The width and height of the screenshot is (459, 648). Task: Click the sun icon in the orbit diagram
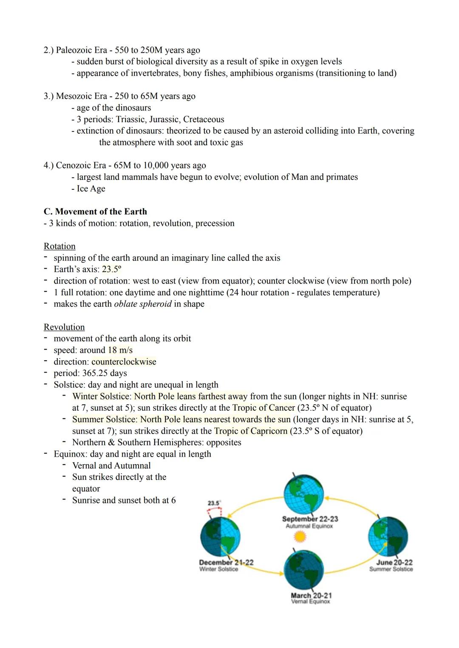[300, 537]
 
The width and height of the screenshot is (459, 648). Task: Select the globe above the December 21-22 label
[220, 537]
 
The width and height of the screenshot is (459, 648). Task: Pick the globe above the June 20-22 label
[388, 536]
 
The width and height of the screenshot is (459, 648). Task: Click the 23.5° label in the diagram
[214, 503]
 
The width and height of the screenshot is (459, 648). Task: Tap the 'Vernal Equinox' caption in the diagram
[310, 601]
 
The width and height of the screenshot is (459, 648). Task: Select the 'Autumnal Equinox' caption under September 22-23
[309, 526]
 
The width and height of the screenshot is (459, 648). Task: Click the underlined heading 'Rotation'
[59, 246]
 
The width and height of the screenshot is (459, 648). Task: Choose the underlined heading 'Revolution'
[64, 327]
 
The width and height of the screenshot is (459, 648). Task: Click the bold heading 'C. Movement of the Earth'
[95, 211]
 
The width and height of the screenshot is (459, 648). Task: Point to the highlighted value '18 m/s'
[120, 350]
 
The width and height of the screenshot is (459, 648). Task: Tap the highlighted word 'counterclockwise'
[124, 362]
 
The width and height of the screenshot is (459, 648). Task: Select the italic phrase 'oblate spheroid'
[143, 304]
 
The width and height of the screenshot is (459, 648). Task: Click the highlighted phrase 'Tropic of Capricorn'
[251, 431]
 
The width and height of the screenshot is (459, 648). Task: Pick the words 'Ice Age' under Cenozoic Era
[91, 188]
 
